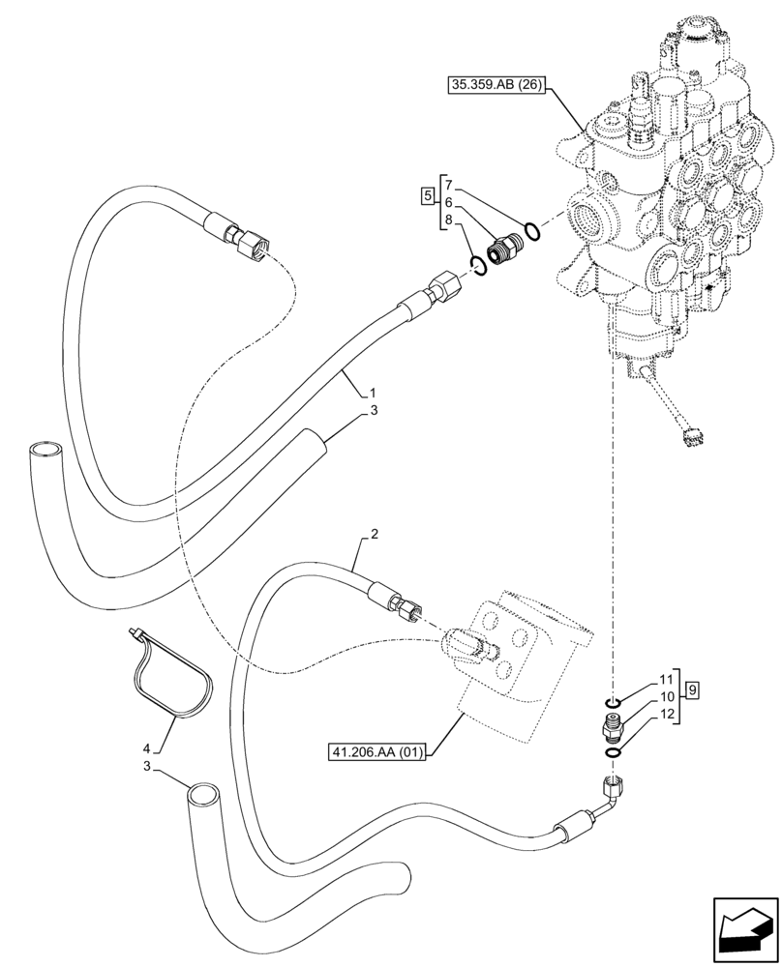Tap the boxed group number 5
(x=427, y=197)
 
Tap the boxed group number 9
(x=693, y=689)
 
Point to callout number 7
(x=448, y=185)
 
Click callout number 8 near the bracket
(x=448, y=220)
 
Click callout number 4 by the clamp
(x=147, y=747)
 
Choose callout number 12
(x=665, y=714)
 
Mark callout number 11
(x=665, y=680)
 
